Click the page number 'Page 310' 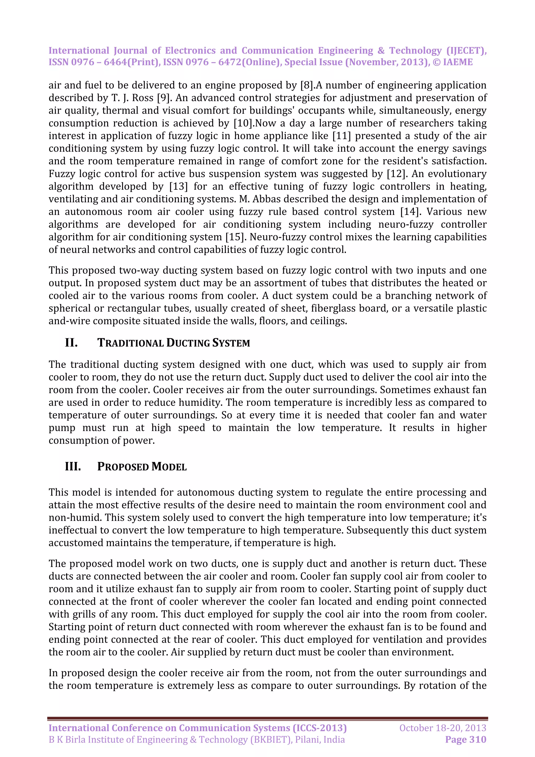tap(466, 739)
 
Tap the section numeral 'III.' tap(73, 467)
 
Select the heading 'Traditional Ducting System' tap(173, 343)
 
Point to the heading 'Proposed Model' tap(142, 467)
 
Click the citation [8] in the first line tap(306, 85)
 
